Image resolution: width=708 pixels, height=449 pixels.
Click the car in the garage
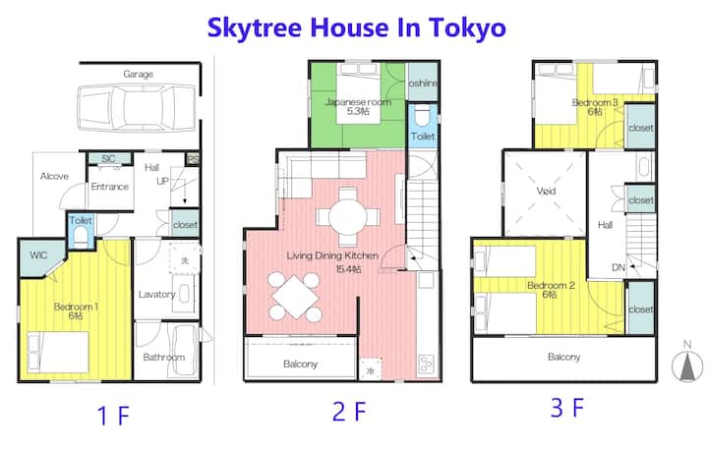(x=138, y=108)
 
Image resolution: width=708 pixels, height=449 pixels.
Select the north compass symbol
(x=687, y=365)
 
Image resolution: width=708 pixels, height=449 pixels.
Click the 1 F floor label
(x=114, y=416)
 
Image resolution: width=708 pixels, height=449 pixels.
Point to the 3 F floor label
(x=567, y=408)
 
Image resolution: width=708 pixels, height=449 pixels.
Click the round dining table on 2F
(x=348, y=216)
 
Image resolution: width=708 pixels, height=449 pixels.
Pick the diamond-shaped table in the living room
(x=294, y=297)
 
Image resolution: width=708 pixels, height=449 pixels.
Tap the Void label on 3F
(x=546, y=191)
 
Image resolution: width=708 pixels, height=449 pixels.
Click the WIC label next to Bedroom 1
(x=38, y=255)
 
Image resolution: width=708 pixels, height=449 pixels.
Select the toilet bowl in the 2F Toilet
(x=423, y=117)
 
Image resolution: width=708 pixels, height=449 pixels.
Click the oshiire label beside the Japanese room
(x=423, y=84)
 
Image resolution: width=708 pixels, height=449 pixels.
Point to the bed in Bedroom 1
(x=58, y=352)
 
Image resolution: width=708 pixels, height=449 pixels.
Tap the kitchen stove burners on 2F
(x=427, y=364)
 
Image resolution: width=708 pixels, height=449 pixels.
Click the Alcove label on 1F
(x=54, y=176)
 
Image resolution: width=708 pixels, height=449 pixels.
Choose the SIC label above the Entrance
(x=108, y=158)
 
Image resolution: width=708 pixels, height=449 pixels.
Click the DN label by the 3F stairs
(x=619, y=267)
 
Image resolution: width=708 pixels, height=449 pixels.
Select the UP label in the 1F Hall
(x=162, y=181)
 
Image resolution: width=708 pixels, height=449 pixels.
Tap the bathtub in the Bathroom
(x=184, y=350)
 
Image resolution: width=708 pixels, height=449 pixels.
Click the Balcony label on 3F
(x=564, y=357)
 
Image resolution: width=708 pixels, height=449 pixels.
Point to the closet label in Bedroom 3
(x=641, y=128)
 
